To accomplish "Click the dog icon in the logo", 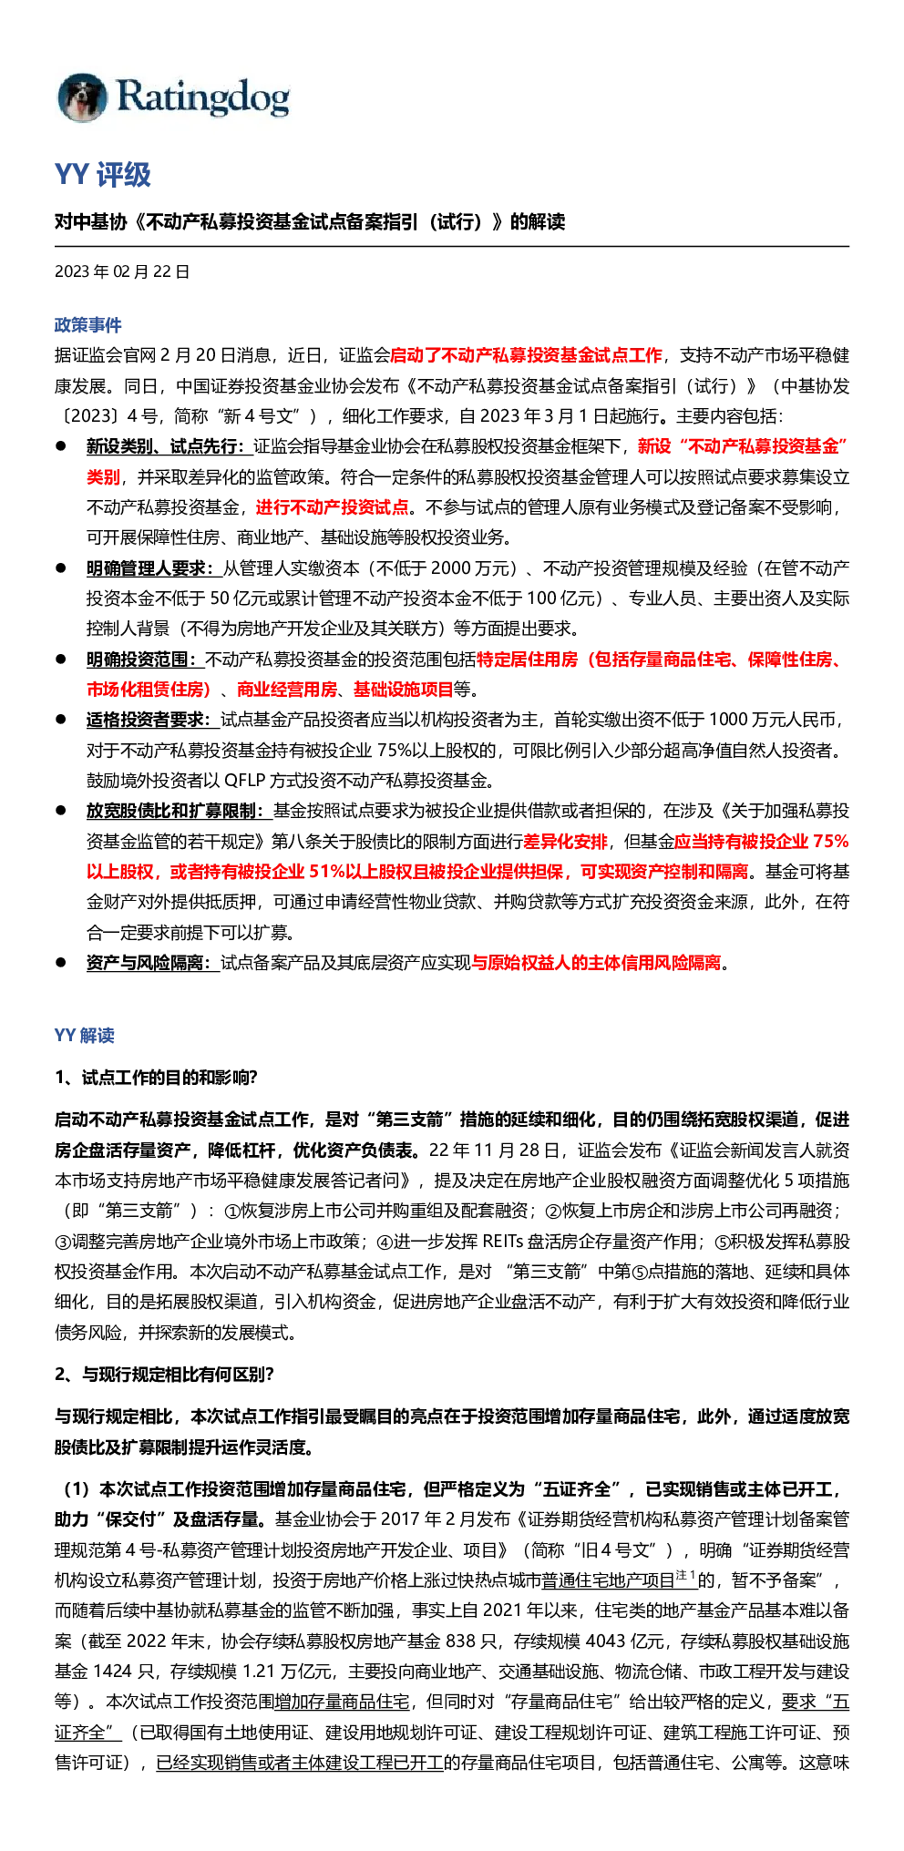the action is (82, 97).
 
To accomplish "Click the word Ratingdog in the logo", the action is (203, 97).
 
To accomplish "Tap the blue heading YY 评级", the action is (102, 175).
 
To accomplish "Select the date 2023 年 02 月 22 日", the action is (122, 271).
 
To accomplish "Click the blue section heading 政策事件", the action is (87, 325).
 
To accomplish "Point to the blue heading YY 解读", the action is (85, 1035).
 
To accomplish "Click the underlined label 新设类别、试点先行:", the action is (169, 446).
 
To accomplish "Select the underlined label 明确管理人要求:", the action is (154, 568).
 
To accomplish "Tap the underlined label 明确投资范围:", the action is (145, 659).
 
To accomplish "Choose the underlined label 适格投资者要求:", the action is (153, 720).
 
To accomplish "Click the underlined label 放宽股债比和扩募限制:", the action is (179, 811).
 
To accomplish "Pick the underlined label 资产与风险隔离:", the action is (153, 963).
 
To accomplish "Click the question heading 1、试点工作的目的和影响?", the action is (156, 1078).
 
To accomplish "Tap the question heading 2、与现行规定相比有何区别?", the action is (164, 1374).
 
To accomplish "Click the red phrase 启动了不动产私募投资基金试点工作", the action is (526, 355).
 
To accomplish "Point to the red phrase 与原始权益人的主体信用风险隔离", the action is (596, 963).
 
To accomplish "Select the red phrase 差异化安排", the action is (565, 841).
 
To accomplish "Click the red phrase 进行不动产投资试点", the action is (332, 507).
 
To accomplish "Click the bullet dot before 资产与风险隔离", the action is (61, 962).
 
